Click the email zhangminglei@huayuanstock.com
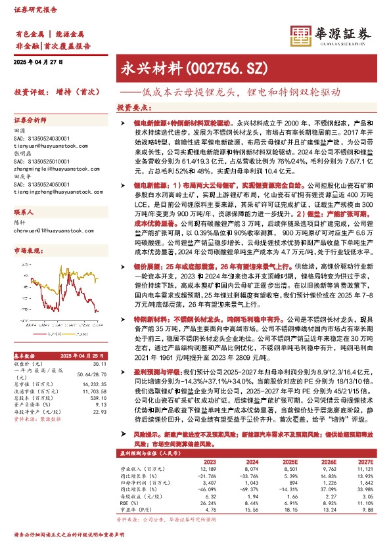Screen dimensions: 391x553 (x=47, y=169)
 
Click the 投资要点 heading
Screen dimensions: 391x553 (x=133, y=106)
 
